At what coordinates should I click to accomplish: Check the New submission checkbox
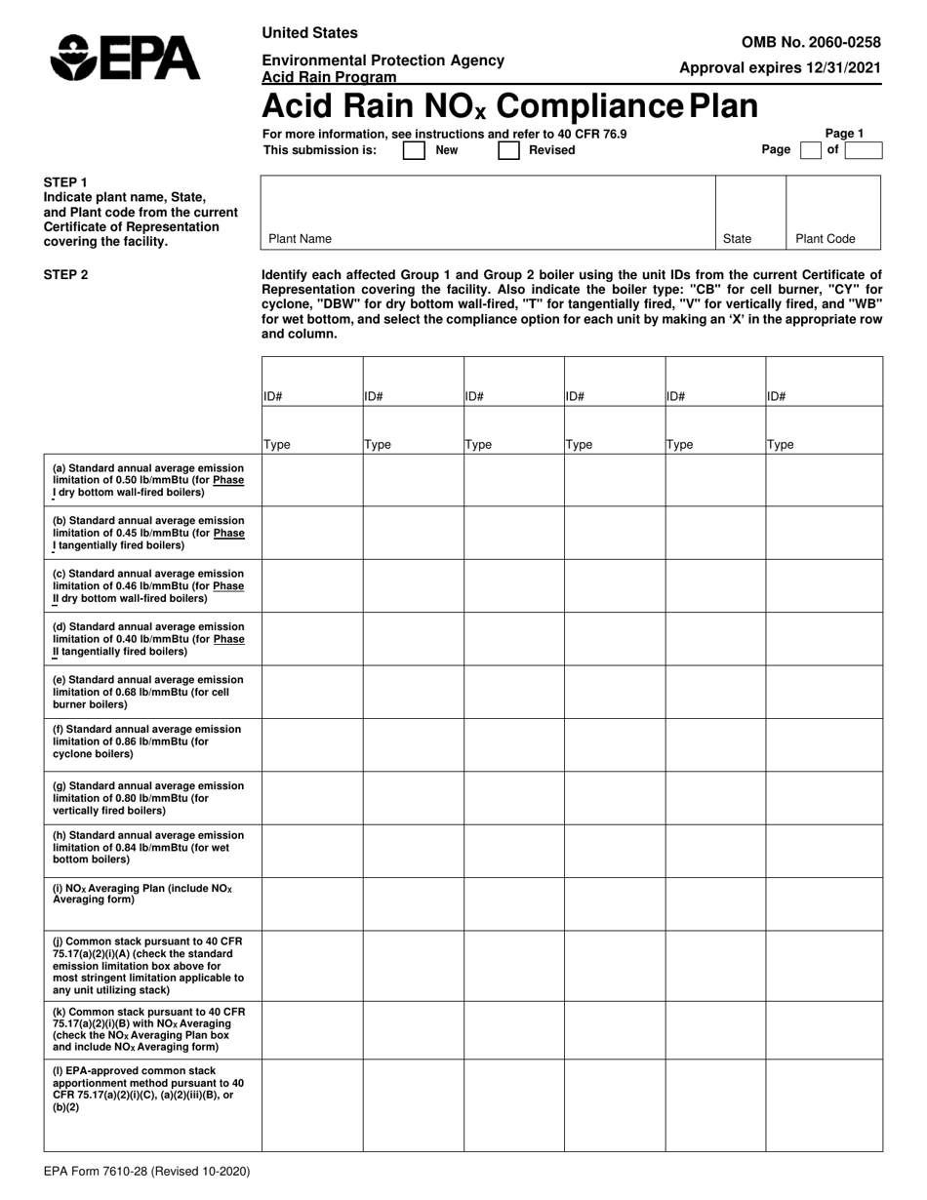click(414, 150)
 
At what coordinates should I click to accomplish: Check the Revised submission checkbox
click(508, 150)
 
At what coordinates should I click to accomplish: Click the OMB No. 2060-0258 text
click(811, 42)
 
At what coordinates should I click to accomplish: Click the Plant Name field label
click(300, 238)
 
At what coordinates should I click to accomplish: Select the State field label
click(737, 238)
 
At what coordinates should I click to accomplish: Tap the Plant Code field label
click(826, 238)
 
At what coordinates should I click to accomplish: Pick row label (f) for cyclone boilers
click(147, 744)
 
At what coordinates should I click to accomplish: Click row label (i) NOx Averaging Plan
click(142, 893)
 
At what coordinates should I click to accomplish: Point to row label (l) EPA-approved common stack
click(147, 1089)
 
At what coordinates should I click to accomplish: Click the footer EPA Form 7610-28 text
click(146, 1171)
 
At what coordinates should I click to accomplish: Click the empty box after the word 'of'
click(863, 150)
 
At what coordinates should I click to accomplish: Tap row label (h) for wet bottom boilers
click(147, 848)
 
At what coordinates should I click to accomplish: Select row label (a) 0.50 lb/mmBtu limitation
click(147, 479)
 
